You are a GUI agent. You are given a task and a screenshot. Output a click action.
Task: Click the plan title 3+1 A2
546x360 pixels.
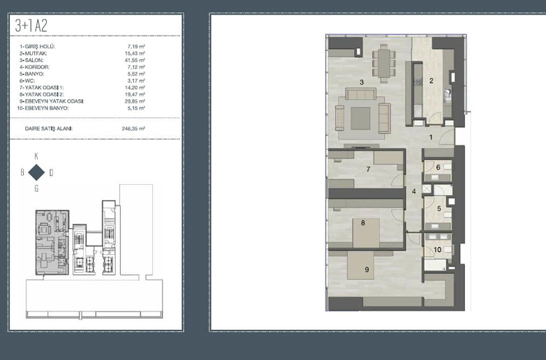(x=31, y=26)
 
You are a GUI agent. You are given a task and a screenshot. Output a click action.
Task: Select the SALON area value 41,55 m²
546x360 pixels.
(x=135, y=60)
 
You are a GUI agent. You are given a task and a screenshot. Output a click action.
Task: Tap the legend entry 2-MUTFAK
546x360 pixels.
(x=34, y=54)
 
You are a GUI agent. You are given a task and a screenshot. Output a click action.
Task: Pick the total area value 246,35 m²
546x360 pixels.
(x=133, y=128)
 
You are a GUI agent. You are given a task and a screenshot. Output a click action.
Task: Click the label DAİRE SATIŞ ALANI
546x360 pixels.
(x=49, y=128)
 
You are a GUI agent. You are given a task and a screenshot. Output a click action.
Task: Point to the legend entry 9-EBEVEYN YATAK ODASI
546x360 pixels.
(x=52, y=101)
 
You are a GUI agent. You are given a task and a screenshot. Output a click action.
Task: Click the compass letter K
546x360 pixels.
(x=36, y=156)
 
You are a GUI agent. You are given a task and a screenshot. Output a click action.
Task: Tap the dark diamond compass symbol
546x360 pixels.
(x=36, y=172)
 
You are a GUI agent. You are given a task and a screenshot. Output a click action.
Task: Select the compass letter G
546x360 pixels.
(x=36, y=188)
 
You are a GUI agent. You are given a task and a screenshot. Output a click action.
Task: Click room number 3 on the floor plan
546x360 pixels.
(x=362, y=82)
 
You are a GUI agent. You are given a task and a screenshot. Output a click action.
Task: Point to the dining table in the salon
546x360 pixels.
(x=384, y=63)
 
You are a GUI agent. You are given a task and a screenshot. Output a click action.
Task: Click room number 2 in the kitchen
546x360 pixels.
(x=431, y=81)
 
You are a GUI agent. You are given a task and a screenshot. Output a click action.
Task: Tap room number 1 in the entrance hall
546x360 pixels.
(x=431, y=137)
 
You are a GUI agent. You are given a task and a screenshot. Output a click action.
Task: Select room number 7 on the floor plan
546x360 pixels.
(x=368, y=169)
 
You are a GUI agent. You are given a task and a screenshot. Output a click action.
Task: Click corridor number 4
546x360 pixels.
(x=414, y=191)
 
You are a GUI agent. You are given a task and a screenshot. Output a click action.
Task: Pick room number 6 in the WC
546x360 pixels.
(x=438, y=167)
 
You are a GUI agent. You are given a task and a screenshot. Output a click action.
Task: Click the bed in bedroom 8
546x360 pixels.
(x=366, y=233)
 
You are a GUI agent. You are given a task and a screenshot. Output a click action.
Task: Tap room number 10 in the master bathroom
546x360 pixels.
(x=437, y=250)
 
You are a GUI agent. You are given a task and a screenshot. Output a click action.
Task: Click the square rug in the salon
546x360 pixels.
(x=360, y=119)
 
